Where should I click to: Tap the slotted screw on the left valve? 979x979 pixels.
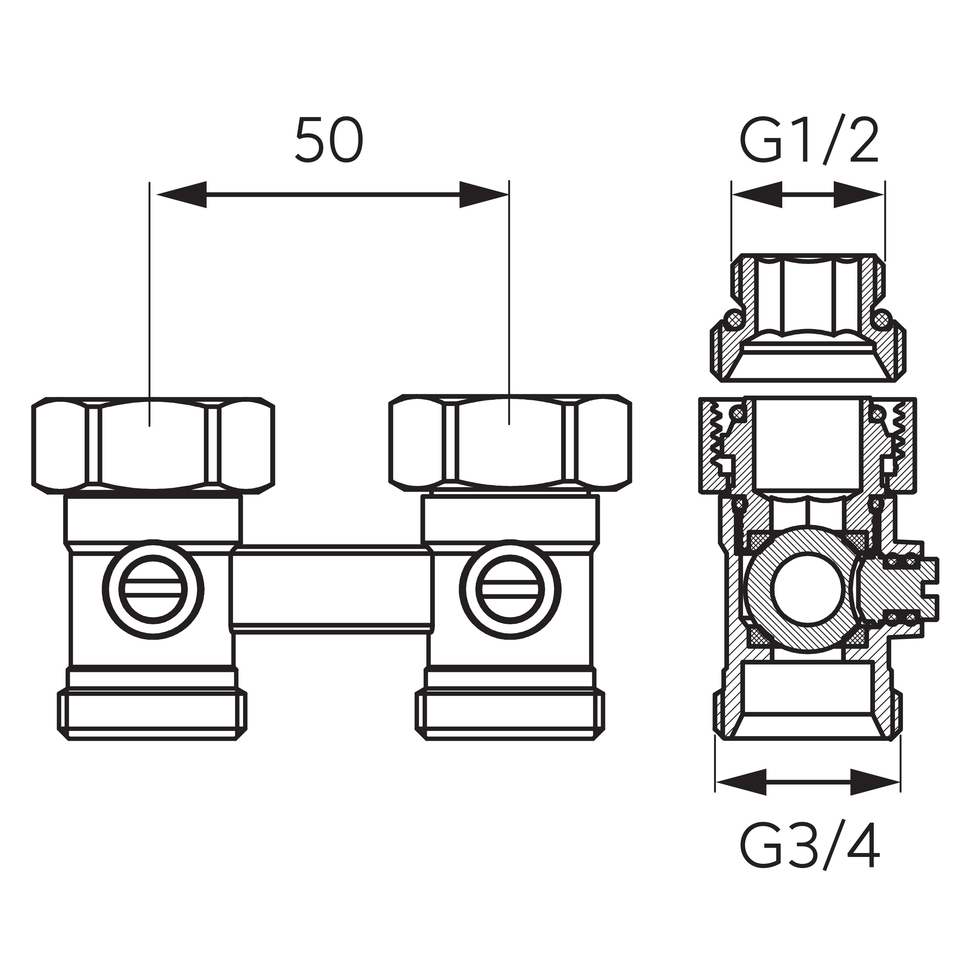153,590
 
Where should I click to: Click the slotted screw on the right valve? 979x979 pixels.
510,590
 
